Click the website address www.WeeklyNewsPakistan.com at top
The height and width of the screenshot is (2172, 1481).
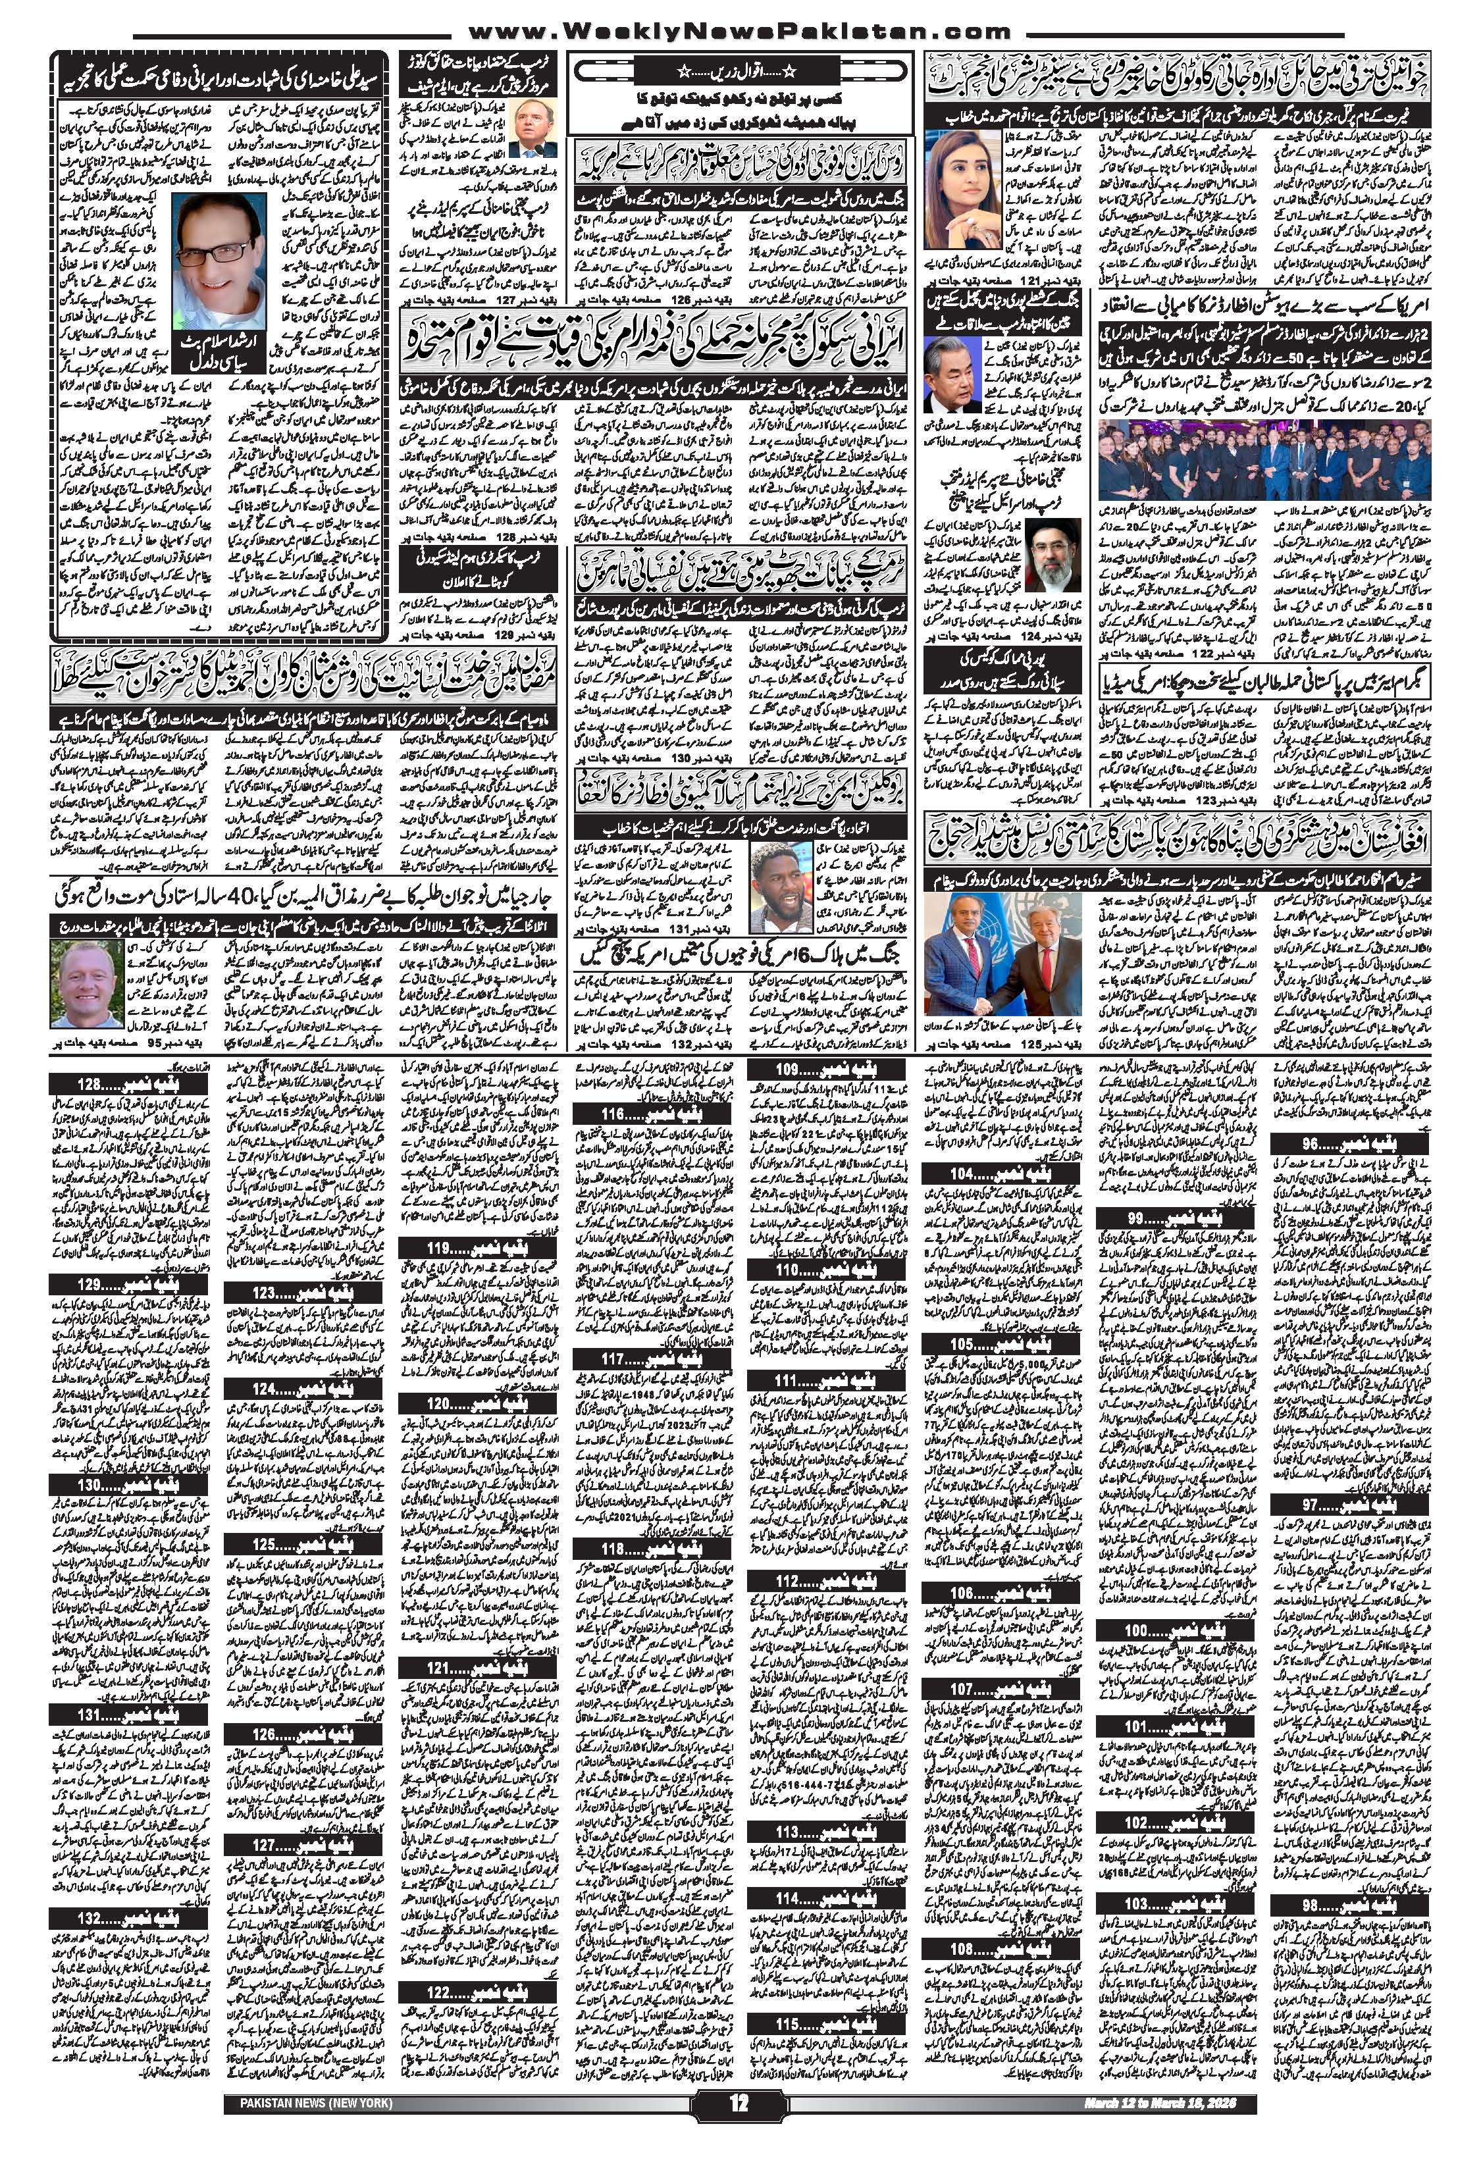739,31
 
